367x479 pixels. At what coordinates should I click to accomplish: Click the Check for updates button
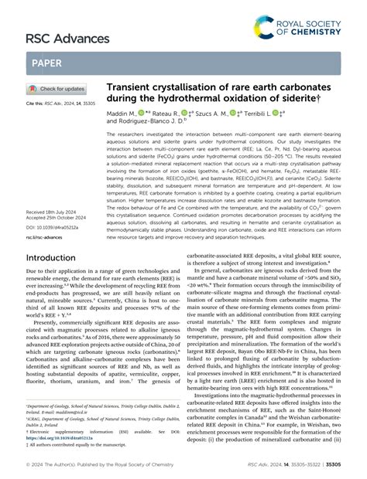coord(57,88)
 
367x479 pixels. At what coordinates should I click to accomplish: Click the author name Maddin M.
coord(122,120)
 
